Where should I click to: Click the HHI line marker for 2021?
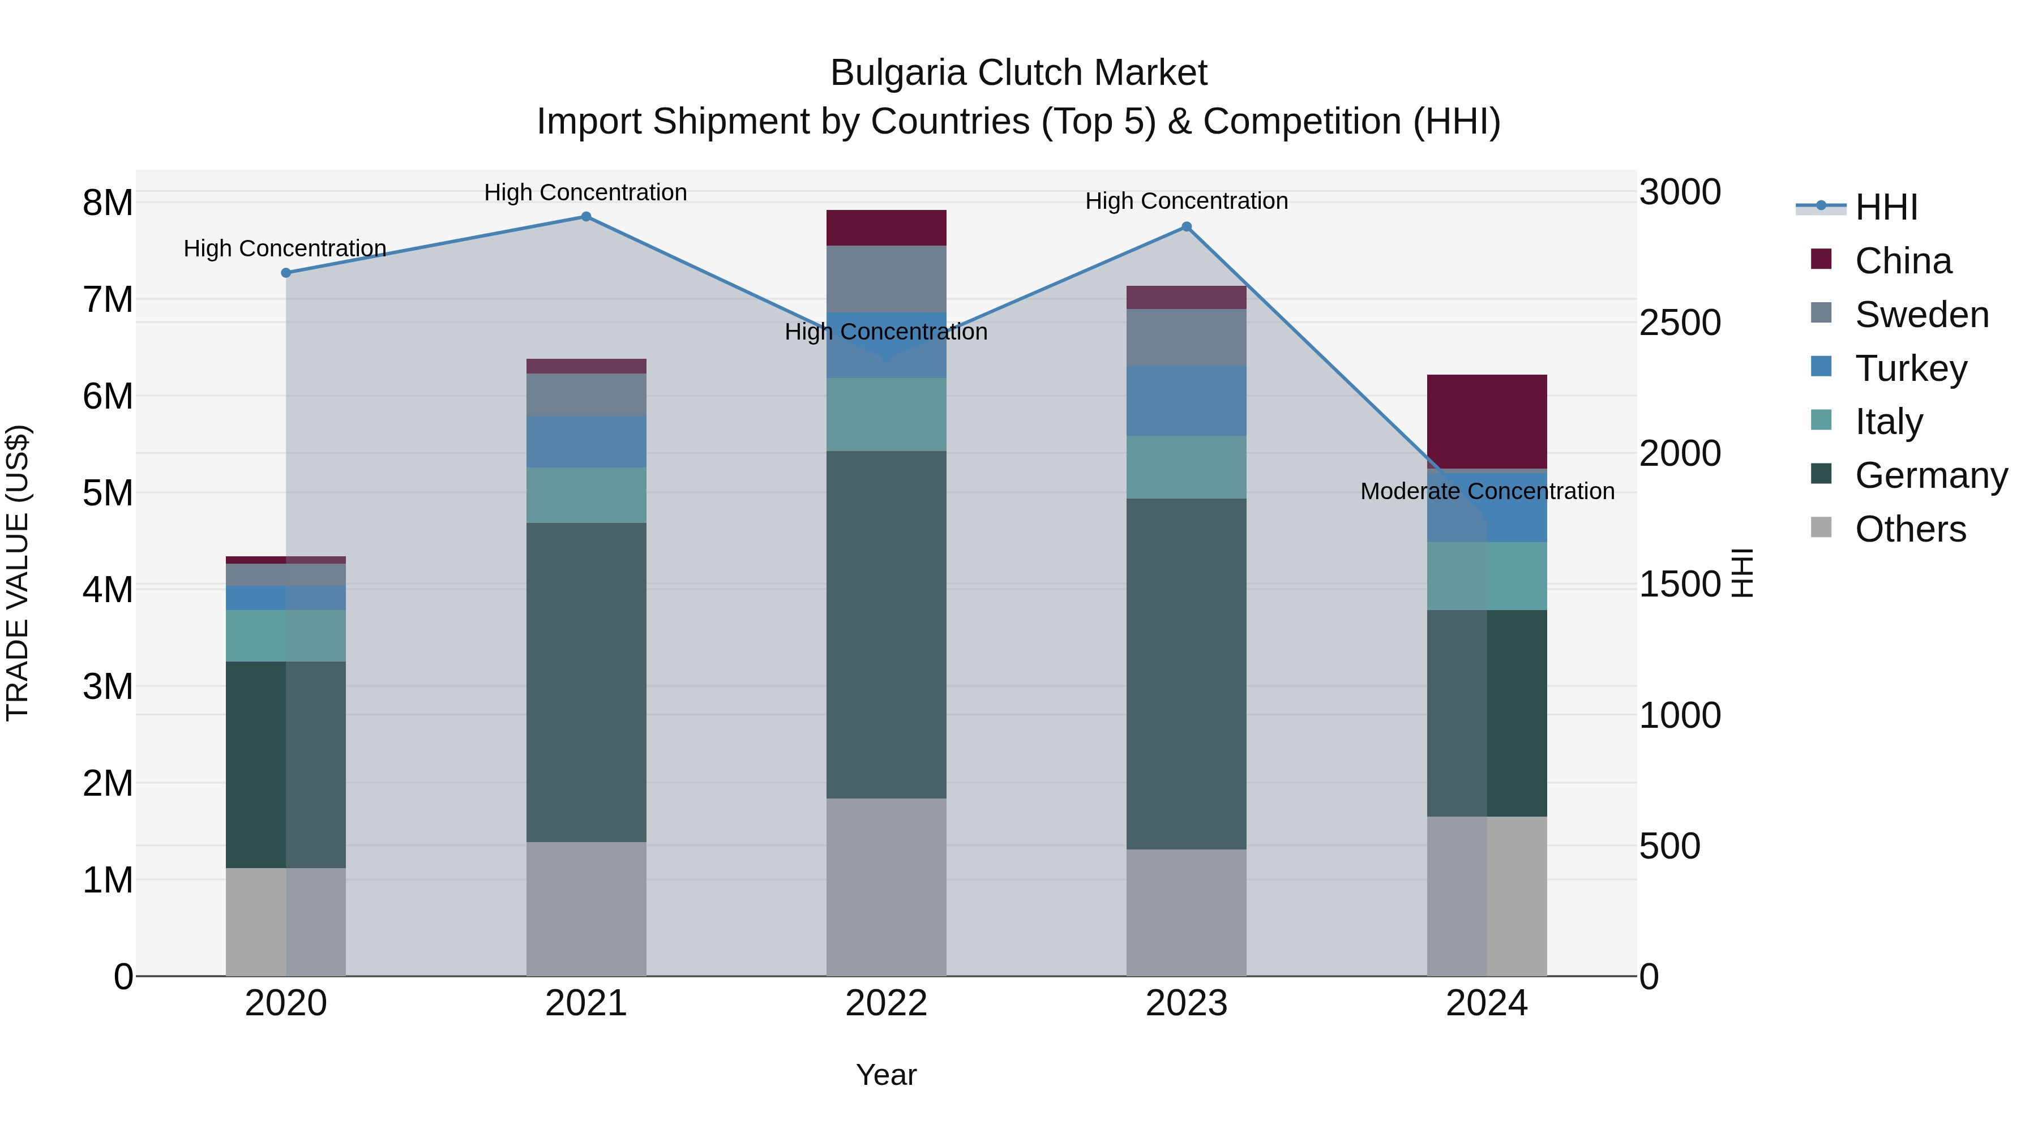pyautogui.click(x=586, y=217)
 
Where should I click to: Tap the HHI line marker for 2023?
pyautogui.click(x=1187, y=227)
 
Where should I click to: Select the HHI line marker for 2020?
pyautogui.click(x=286, y=273)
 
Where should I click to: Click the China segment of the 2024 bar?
pyautogui.click(x=1487, y=422)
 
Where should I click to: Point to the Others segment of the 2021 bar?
pyautogui.click(x=586, y=909)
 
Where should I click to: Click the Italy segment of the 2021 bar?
pyautogui.click(x=586, y=495)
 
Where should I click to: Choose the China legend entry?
pyautogui.click(x=1903, y=261)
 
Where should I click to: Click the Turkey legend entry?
pyautogui.click(x=1910, y=368)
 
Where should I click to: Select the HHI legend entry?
pyautogui.click(x=1885, y=207)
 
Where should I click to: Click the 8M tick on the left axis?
pyautogui.click(x=108, y=203)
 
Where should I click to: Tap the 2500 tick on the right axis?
pyautogui.click(x=1680, y=323)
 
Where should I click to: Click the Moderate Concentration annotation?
pyautogui.click(x=1487, y=491)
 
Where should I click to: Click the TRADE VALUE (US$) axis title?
pyautogui.click(x=18, y=573)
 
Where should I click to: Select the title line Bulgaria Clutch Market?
pyautogui.click(x=1018, y=73)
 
